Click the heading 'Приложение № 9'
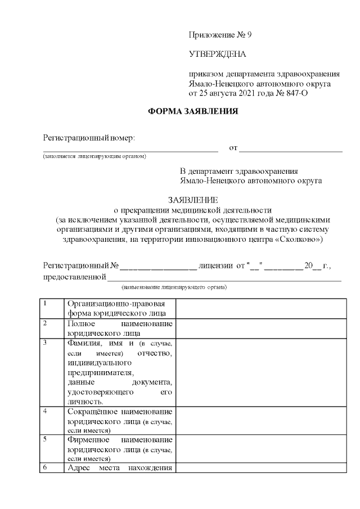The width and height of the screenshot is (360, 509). [x=220, y=35]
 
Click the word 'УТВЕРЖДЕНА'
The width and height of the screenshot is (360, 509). [x=217, y=55]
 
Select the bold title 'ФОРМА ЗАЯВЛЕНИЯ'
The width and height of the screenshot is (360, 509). [x=193, y=111]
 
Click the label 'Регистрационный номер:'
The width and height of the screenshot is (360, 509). [x=89, y=138]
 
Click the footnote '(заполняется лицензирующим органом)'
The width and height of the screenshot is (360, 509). [x=94, y=156]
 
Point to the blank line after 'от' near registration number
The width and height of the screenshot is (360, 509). [x=291, y=148]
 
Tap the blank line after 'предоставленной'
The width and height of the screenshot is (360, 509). [x=224, y=277]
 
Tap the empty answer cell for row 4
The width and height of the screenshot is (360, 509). [x=261, y=421]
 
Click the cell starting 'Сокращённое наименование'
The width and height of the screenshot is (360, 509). [x=119, y=421]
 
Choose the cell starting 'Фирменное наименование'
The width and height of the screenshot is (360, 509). [x=119, y=449]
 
